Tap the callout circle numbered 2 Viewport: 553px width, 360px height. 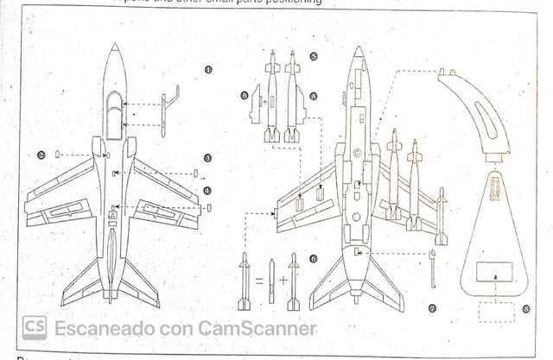pos(41,155)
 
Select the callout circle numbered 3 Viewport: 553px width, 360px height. pos(208,159)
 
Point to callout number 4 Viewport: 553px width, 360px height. pos(208,189)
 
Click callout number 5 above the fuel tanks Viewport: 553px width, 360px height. pos(314,54)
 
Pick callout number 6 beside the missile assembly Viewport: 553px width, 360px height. pos(314,257)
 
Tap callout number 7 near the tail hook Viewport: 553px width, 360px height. pos(432,308)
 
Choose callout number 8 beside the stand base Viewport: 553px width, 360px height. pos(526,308)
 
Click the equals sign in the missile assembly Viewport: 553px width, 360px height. pos(256,281)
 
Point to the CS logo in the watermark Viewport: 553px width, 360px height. pos(35,328)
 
